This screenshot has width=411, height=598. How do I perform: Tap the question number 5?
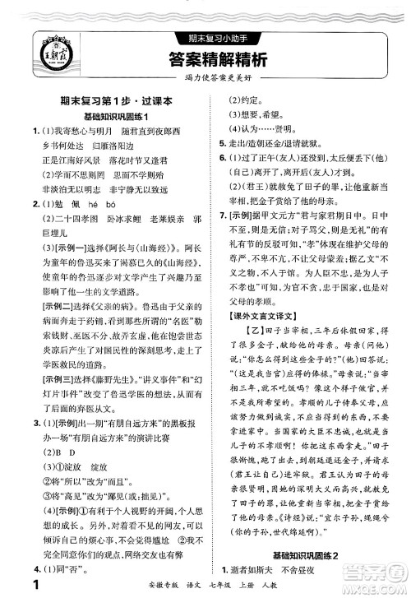[x=213, y=139]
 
